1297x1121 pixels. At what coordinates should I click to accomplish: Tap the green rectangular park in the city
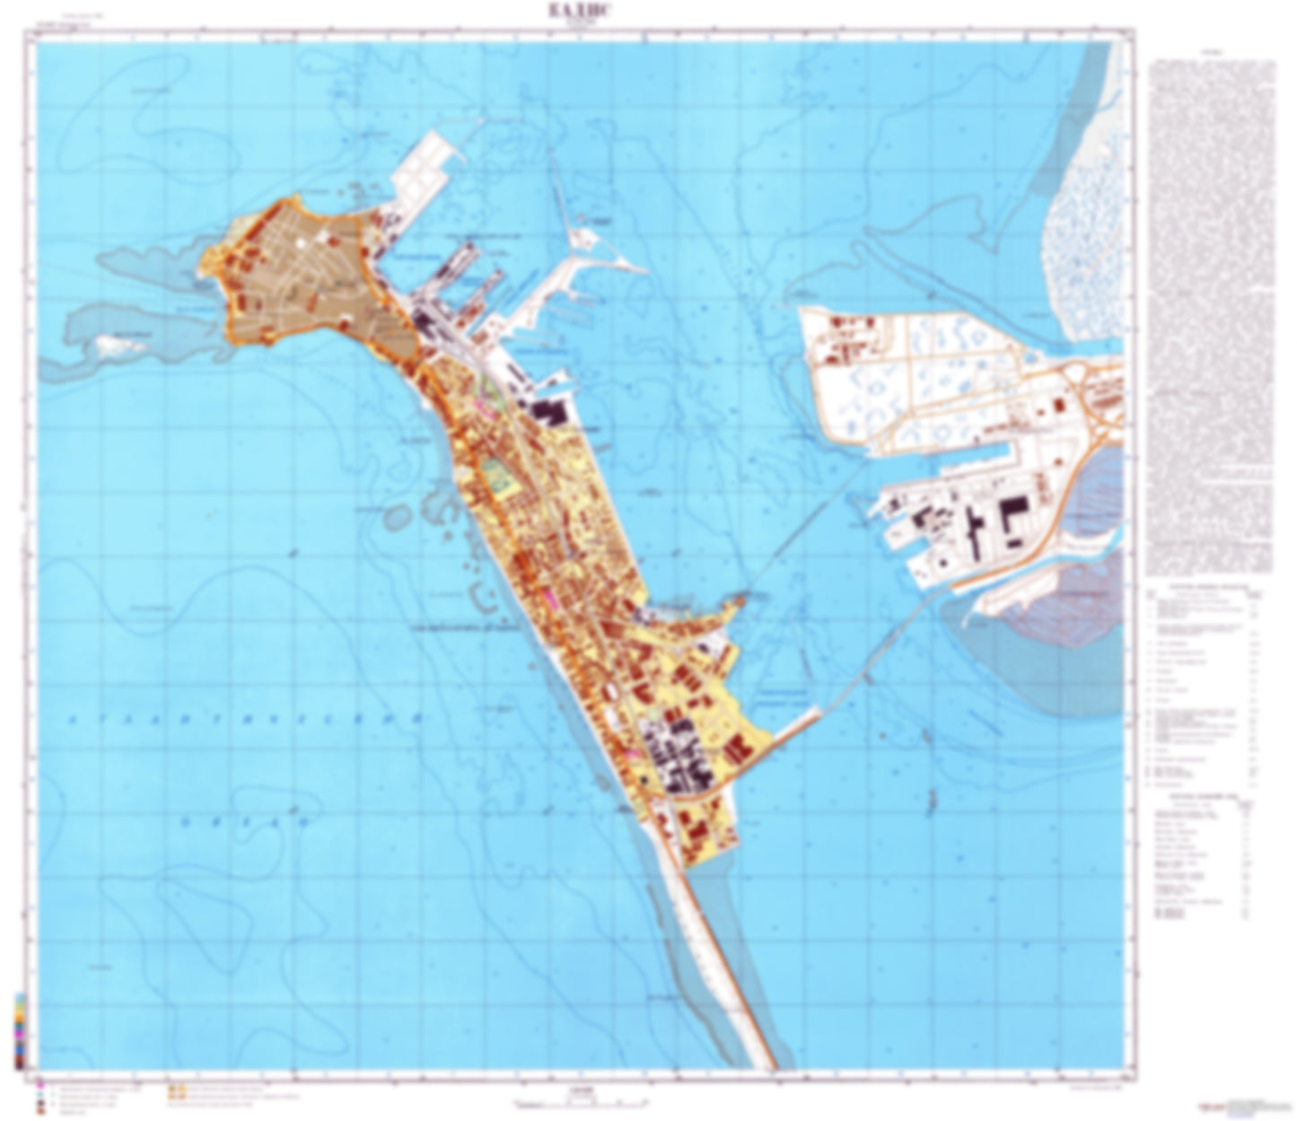(x=494, y=473)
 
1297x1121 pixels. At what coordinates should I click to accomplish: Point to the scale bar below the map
(x=579, y=1103)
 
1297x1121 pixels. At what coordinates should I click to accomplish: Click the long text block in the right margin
(x=1211, y=314)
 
